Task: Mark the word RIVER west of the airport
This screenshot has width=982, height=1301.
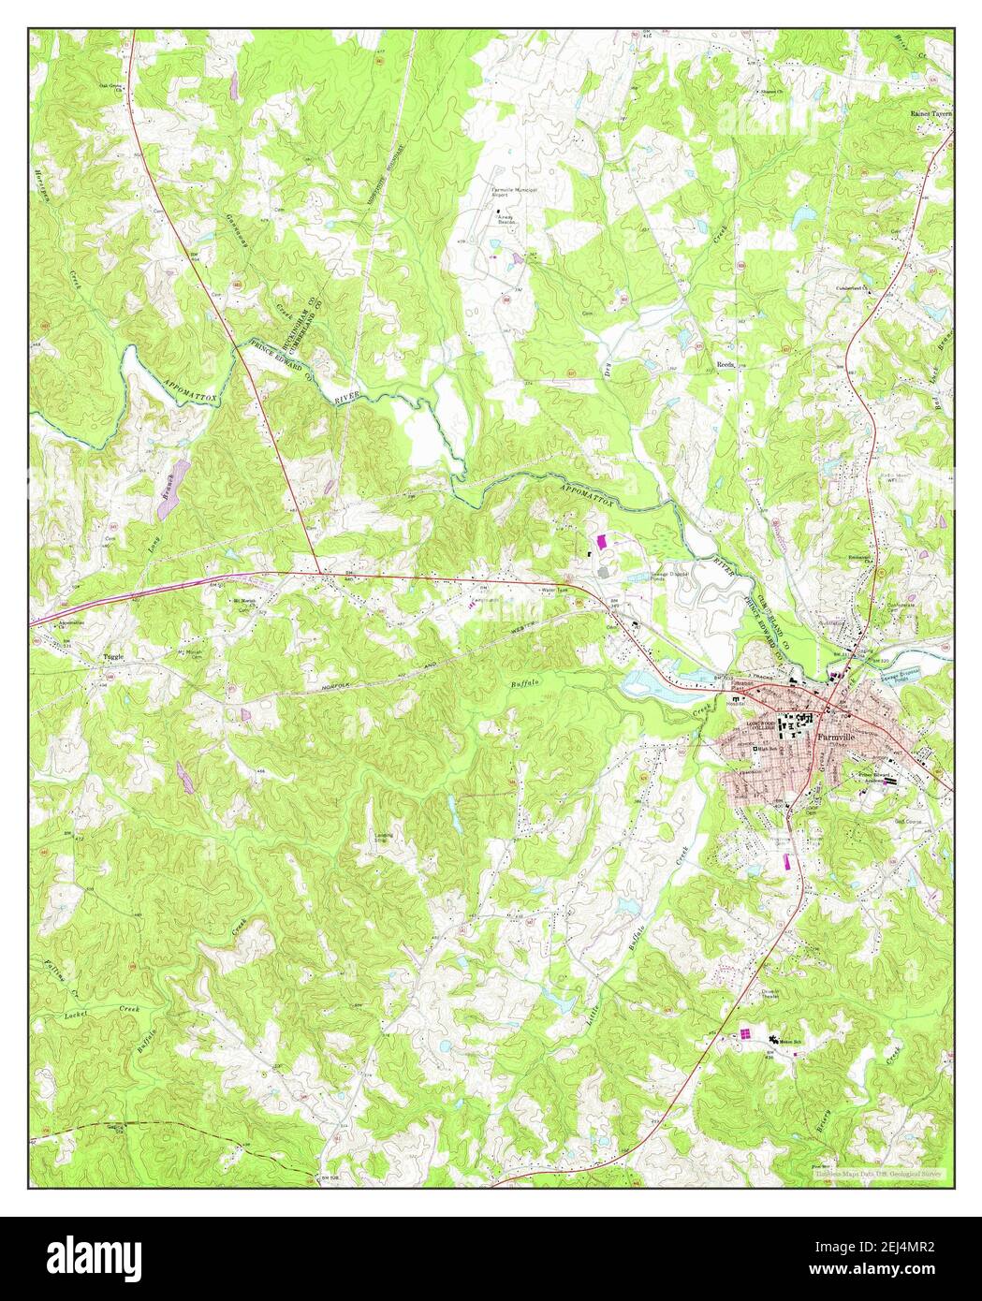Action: point(346,397)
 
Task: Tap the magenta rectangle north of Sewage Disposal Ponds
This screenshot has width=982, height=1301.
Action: point(601,540)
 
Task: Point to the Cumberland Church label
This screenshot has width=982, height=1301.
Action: point(852,289)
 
